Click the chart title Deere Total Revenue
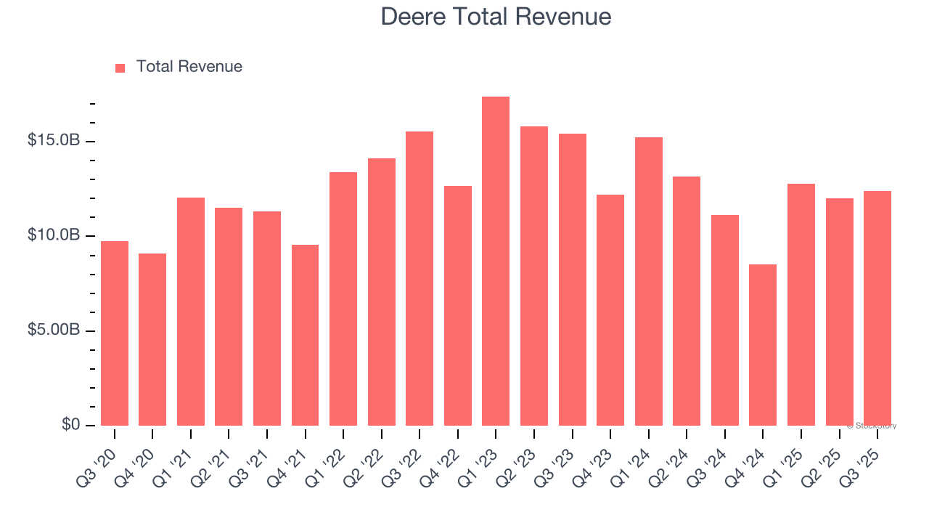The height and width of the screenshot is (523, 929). [x=496, y=16]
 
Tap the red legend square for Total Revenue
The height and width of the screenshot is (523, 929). [x=120, y=68]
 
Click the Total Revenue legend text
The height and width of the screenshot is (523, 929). [x=189, y=67]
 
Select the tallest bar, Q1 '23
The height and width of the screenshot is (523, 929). [x=496, y=261]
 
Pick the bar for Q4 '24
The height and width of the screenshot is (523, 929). [x=763, y=345]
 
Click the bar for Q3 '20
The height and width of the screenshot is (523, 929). [x=115, y=333]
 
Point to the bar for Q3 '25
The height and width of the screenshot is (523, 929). [x=877, y=309]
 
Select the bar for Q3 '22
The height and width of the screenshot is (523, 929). [x=420, y=278]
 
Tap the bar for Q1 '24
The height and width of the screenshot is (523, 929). [x=648, y=281]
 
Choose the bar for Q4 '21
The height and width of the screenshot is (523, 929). [x=305, y=335]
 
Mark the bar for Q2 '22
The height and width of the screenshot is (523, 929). [x=382, y=292]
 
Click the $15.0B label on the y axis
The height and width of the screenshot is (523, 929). [x=53, y=140]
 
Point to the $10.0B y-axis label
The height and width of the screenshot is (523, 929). [x=53, y=235]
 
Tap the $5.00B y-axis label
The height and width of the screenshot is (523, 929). [x=53, y=331]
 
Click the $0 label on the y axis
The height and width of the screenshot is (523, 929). [x=70, y=425]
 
